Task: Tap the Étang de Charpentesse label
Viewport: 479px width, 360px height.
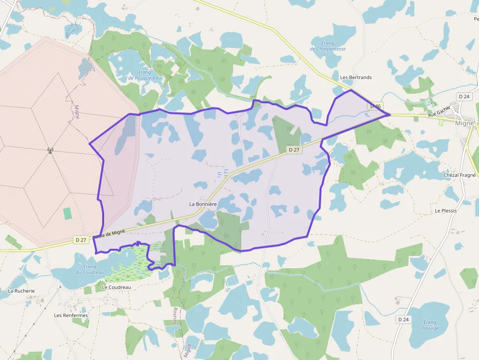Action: [327, 46]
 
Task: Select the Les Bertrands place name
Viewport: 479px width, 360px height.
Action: [356, 77]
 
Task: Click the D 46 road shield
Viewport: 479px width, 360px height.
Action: [375, 106]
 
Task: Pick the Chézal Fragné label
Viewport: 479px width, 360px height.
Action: [459, 175]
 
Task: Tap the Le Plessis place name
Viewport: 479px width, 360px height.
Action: [446, 211]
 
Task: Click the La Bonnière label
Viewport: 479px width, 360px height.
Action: [203, 204]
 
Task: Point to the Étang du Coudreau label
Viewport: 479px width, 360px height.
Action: [89, 269]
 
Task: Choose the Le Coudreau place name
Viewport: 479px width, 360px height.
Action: [116, 287]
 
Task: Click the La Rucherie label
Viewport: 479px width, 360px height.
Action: [22, 291]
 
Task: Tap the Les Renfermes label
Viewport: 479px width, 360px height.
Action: [71, 315]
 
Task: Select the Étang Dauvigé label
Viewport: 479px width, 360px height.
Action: [430, 325]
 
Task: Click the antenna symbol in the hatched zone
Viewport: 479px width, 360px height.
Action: [49, 150]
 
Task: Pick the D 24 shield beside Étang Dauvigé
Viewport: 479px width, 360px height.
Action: [403, 319]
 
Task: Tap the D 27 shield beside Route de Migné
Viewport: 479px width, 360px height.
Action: [81, 240]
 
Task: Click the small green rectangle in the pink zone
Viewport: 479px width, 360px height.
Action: [67, 213]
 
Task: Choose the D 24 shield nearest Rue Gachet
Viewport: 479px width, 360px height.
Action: [464, 96]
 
